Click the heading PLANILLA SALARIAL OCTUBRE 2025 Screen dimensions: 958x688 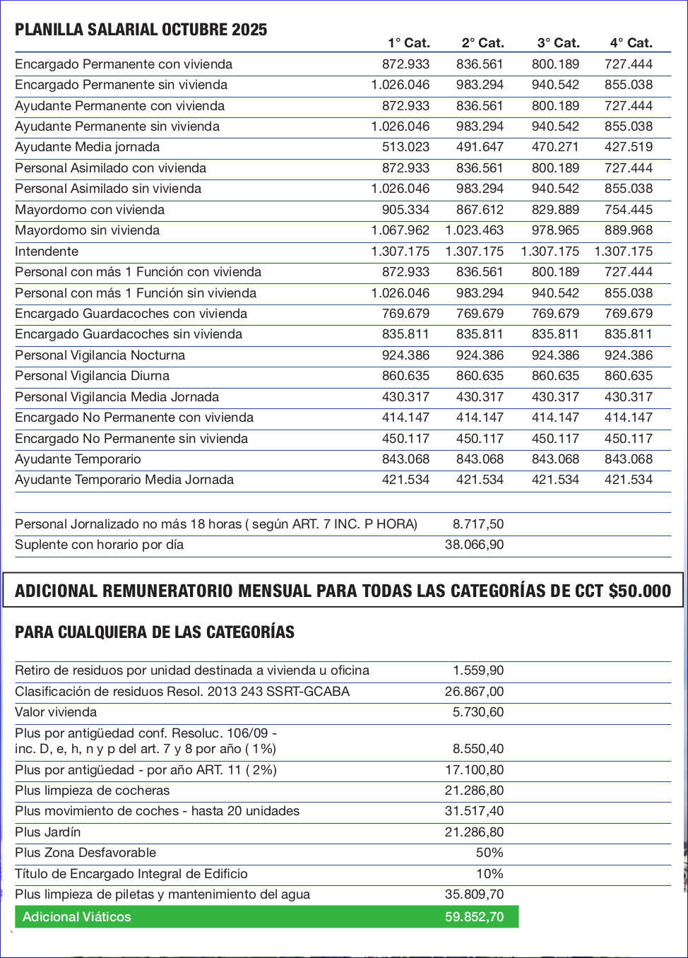pyautogui.click(x=141, y=30)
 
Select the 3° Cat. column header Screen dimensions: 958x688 pyautogui.click(x=558, y=43)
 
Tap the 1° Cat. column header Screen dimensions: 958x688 pyautogui.click(x=408, y=43)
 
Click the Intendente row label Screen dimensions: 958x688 pyautogui.click(x=47, y=252)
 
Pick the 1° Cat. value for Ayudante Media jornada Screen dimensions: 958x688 pyautogui.click(x=405, y=147)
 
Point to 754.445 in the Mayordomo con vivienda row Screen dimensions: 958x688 pyautogui.click(x=628, y=210)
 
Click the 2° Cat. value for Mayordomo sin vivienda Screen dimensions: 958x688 pyautogui.click(x=474, y=230)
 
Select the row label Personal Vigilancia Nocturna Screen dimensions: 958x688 pyautogui.click(x=100, y=355)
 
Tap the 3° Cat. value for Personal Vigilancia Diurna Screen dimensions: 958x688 pyautogui.click(x=555, y=376)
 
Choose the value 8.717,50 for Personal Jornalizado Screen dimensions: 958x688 pyautogui.click(x=478, y=524)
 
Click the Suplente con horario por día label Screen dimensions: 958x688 pyautogui.click(x=99, y=545)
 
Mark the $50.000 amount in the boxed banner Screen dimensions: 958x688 pyautogui.click(x=639, y=591)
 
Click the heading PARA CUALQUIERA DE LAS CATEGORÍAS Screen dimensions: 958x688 pyautogui.click(x=155, y=632)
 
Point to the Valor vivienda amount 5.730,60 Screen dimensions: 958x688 pyautogui.click(x=478, y=712)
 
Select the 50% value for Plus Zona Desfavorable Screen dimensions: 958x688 pyautogui.click(x=490, y=853)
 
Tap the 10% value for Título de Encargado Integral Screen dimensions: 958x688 pyautogui.click(x=490, y=874)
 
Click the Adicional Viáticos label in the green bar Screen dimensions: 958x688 pyautogui.click(x=77, y=917)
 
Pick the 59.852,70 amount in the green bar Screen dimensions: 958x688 pyautogui.click(x=474, y=917)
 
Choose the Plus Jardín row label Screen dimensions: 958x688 pyautogui.click(x=48, y=832)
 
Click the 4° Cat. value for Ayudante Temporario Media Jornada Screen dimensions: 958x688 pyautogui.click(x=628, y=480)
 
